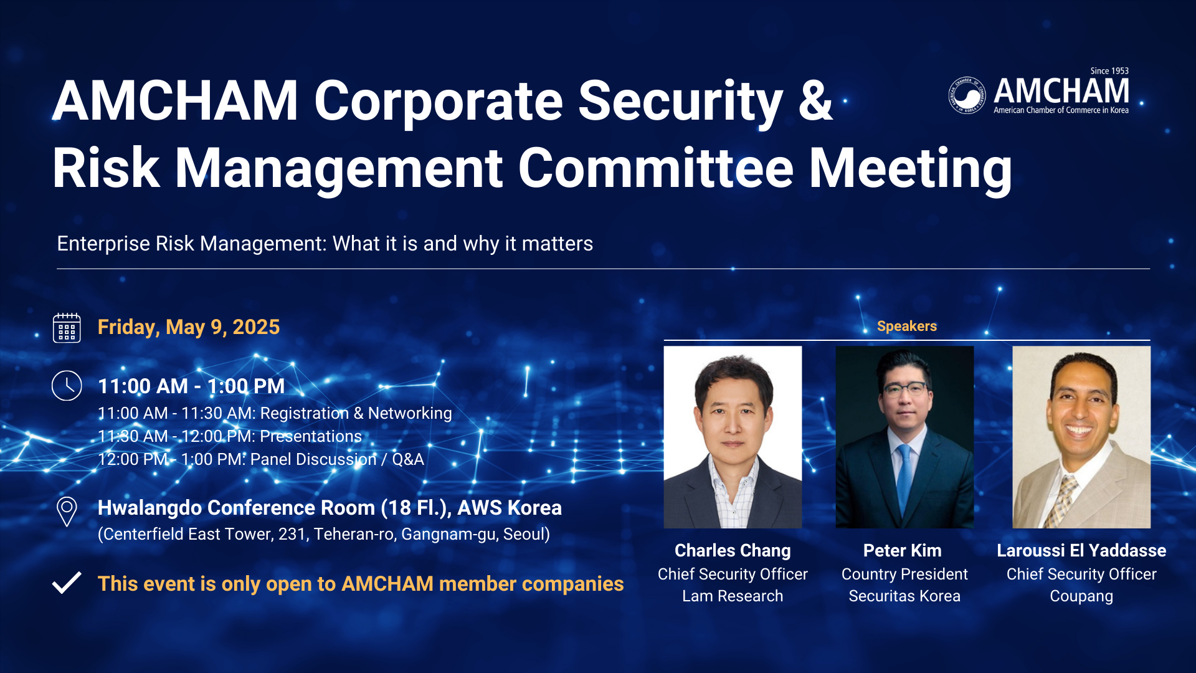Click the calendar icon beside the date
(67, 328)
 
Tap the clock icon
(67, 386)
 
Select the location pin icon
(67, 512)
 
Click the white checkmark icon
(67, 583)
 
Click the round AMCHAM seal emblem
(967, 95)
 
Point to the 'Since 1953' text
(1109, 71)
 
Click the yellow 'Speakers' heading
(907, 326)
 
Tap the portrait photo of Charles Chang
(733, 437)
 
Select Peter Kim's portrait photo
(904, 437)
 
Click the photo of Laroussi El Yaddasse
(1081, 437)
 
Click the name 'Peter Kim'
(903, 551)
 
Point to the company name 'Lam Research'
(733, 596)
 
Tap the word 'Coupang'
(1081, 597)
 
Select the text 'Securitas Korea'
(904, 596)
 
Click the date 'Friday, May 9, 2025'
(189, 328)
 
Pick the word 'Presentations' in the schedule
(311, 436)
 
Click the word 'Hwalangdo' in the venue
(149, 508)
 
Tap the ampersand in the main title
(815, 101)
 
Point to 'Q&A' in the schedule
(408, 460)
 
